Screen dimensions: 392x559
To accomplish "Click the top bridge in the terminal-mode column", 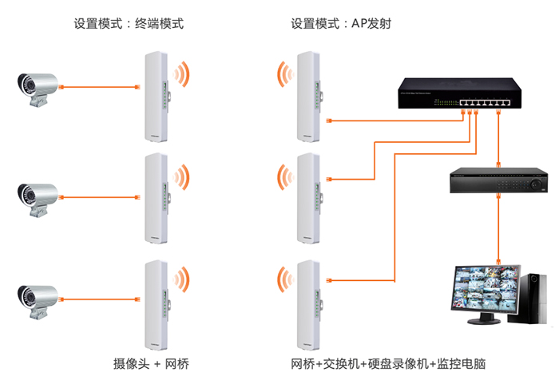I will pyautogui.click(x=155, y=96).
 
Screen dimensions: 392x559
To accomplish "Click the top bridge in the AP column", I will pyautogui.click(x=309, y=96).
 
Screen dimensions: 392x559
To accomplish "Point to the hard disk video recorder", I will pyautogui.click(x=497, y=182).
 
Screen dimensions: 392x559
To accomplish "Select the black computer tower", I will pyautogui.click(x=533, y=297).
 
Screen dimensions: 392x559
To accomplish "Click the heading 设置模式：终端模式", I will pyautogui.click(x=129, y=24).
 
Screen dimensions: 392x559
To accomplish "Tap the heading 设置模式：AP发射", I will pyautogui.click(x=340, y=24).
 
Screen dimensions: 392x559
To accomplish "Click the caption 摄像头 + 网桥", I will pyautogui.click(x=151, y=365).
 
